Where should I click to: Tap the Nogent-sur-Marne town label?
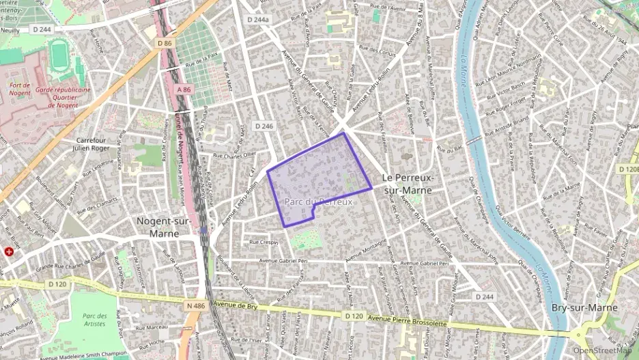tap(158, 227)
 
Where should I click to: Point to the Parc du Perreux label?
tap(319, 202)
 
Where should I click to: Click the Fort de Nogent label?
tap(21, 89)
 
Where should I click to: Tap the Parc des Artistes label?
tap(95, 320)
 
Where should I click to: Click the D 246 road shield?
tap(264, 126)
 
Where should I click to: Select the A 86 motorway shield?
tap(184, 89)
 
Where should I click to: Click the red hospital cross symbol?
tap(9, 251)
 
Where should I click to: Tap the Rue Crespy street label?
tap(264, 242)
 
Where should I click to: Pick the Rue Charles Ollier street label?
tap(236, 155)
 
